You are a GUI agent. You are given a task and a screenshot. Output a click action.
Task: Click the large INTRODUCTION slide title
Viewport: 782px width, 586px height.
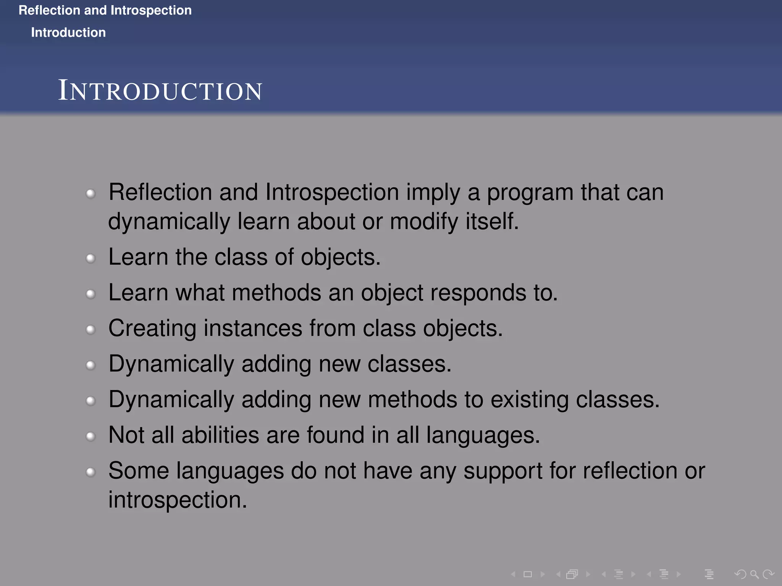(160, 91)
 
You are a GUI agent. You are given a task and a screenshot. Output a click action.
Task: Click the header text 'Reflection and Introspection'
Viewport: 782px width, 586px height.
(105, 10)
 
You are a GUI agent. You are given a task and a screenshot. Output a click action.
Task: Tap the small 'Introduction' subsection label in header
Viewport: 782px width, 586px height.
(68, 32)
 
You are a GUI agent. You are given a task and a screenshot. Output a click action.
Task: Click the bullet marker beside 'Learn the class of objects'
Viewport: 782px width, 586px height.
(90, 259)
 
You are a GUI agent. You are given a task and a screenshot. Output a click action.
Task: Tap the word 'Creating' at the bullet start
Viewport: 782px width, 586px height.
(152, 328)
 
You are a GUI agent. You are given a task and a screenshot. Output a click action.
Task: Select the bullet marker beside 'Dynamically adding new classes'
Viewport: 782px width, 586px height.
(90, 365)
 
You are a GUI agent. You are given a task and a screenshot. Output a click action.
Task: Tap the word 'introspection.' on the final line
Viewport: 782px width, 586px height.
(178, 500)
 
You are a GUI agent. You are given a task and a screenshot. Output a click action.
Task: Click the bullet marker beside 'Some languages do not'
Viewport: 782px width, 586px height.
(90, 472)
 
